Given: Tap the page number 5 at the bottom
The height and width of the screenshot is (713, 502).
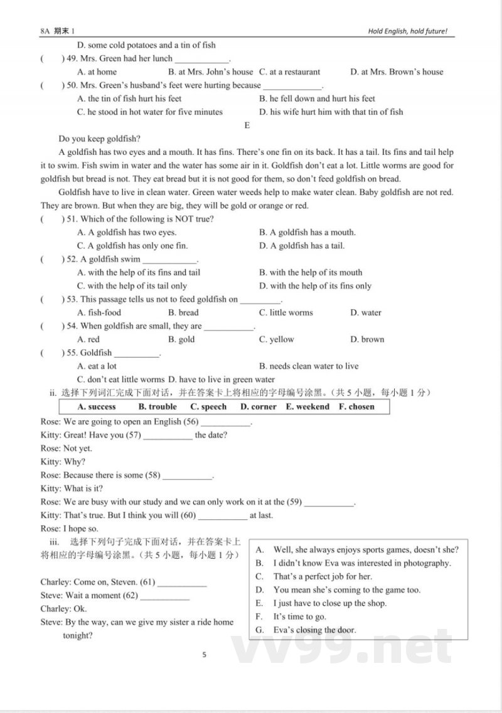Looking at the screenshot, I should coord(205,655).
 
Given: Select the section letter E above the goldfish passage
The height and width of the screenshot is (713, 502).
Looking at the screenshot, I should coord(247,125).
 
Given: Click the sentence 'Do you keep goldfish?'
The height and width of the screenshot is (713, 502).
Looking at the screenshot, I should coord(99,139).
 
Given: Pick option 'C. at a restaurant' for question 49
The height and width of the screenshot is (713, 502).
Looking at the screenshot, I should coord(289,72).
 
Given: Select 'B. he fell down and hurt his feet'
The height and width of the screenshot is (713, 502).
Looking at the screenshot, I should coord(317,98).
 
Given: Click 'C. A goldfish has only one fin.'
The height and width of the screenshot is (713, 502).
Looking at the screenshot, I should coord(132,246).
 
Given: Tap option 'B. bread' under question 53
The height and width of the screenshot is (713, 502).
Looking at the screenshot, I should coord(183,312).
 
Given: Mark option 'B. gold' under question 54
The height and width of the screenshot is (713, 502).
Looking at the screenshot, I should coord(181,339).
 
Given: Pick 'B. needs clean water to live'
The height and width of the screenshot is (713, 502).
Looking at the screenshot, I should coord(309,366).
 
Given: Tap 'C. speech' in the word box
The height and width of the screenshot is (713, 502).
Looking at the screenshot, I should coord(208,406).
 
